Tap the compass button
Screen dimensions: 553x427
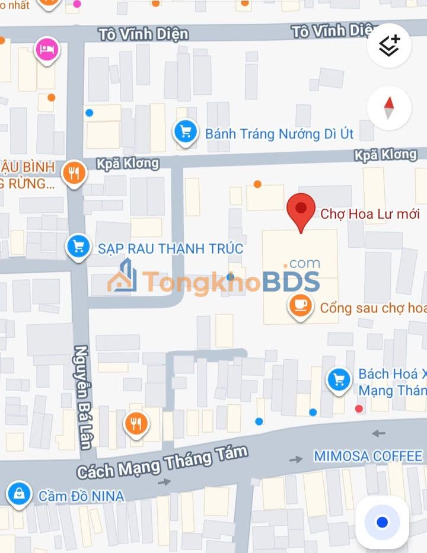(x=389, y=107)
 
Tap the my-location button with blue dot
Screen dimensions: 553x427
(x=382, y=522)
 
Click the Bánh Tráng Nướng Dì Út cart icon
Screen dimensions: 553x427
(x=186, y=132)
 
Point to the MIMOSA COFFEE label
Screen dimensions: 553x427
(x=368, y=456)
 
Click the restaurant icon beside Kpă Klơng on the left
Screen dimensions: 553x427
(x=74, y=172)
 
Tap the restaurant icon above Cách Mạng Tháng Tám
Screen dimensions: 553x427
(x=136, y=423)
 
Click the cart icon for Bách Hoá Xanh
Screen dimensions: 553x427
(x=339, y=379)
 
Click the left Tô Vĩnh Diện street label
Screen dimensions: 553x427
(x=144, y=33)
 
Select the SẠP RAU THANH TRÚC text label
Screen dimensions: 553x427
(x=171, y=248)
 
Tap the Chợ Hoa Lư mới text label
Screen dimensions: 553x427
(x=369, y=214)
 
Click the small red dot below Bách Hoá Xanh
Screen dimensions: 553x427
(x=358, y=408)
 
